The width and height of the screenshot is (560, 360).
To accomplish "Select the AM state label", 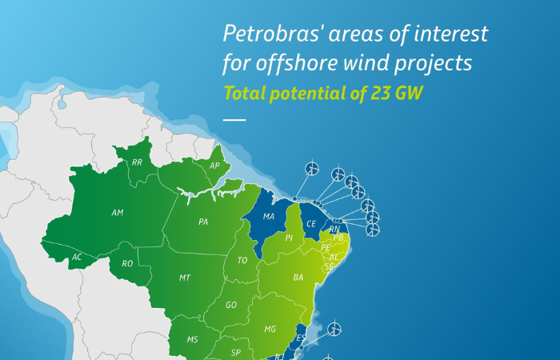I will pyautogui.click(x=118, y=213).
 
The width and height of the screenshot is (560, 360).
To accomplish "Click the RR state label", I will pyautogui.click(x=137, y=162).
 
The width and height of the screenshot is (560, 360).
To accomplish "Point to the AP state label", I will pyautogui.click(x=214, y=166).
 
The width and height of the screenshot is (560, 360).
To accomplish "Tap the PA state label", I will pyautogui.click(x=203, y=222).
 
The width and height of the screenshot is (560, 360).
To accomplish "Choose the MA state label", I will pyautogui.click(x=269, y=217).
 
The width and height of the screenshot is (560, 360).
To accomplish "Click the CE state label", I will pyautogui.click(x=311, y=224).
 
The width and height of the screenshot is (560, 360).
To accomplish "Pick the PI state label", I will pyautogui.click(x=289, y=238).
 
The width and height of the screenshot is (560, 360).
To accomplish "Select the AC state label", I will pyautogui.click(x=77, y=258).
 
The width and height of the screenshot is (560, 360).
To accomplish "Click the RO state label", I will pyautogui.click(x=127, y=263).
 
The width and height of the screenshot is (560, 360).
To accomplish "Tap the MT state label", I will pyautogui.click(x=185, y=278).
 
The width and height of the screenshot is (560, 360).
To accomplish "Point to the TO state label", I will pyautogui.click(x=242, y=259).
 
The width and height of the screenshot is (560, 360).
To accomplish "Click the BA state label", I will pyautogui.click(x=298, y=278).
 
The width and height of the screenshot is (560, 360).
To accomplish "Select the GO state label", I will pyautogui.click(x=231, y=305).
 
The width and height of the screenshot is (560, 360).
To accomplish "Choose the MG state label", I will pyautogui.click(x=270, y=329).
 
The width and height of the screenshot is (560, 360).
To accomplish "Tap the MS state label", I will pyautogui.click(x=192, y=340).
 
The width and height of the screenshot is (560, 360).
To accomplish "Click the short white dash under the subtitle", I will pyautogui.click(x=234, y=119).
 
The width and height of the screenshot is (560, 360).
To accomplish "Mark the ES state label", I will pyautogui.click(x=301, y=338).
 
